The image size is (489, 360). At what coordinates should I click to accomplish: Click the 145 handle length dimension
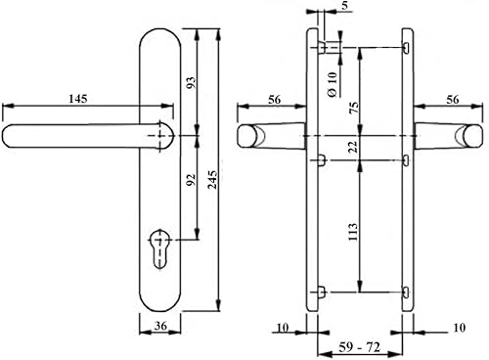click(x=78, y=99)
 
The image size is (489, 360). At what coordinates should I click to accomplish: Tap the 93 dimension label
click(x=192, y=82)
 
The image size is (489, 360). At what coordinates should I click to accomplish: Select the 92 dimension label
click(x=191, y=179)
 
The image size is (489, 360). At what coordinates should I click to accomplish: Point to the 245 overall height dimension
click(x=212, y=179)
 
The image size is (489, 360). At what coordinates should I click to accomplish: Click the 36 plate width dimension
click(x=160, y=326)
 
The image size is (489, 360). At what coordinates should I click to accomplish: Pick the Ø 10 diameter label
click(x=333, y=84)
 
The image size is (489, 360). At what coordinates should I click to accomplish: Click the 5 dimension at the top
click(x=345, y=5)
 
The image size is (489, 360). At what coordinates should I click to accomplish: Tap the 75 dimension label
click(x=354, y=108)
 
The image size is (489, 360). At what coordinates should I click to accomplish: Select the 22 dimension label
click(x=354, y=147)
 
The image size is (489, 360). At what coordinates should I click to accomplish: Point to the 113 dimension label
click(x=354, y=232)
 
